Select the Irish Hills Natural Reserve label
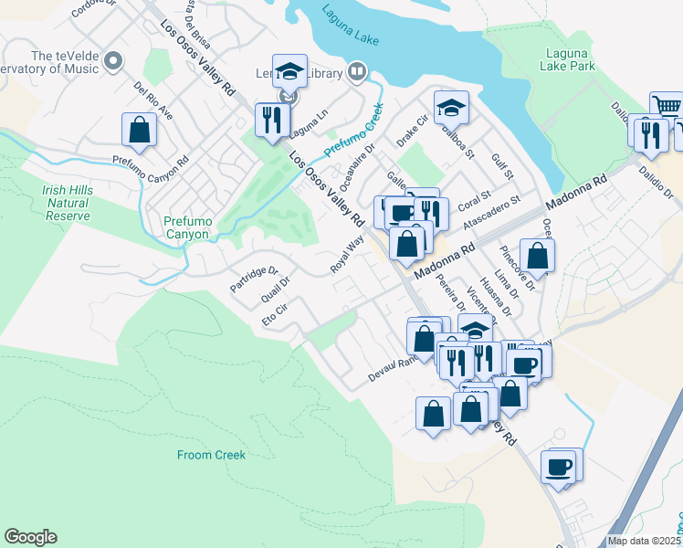[x=66, y=203]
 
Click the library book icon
[x=357, y=72]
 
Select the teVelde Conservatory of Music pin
[x=113, y=61]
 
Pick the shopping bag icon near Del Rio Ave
[x=140, y=131]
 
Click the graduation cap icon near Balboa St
[x=451, y=108]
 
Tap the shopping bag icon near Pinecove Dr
[x=537, y=256]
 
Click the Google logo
[x=30, y=537]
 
